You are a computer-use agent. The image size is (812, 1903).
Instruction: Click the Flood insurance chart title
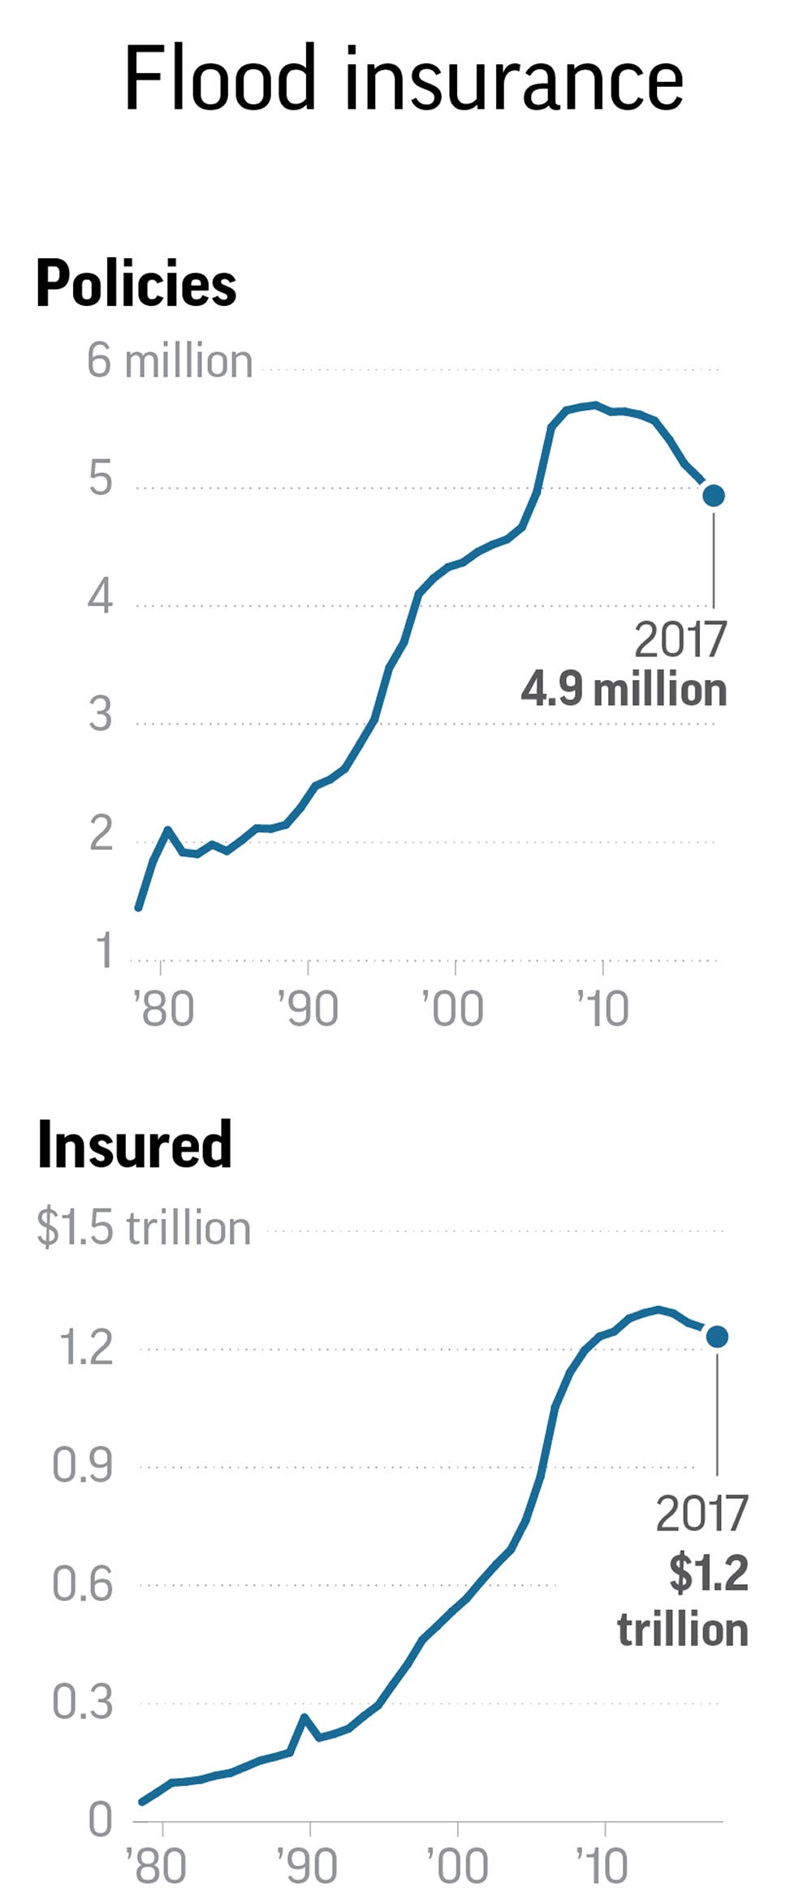coord(404,79)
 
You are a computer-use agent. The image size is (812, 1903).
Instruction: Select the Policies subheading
coord(136,284)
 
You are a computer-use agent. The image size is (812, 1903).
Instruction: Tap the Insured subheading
coord(135,1144)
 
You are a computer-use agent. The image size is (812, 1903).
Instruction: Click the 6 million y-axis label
coord(170,361)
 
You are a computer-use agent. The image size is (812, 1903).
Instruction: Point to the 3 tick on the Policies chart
coord(101,715)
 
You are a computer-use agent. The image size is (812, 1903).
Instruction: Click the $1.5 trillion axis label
coord(144,1228)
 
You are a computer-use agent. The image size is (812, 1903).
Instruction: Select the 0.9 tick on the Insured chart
coord(82,1465)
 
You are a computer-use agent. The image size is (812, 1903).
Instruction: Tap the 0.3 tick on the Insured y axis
coord(82,1702)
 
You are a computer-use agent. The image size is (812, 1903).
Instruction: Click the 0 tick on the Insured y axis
coord(100,1819)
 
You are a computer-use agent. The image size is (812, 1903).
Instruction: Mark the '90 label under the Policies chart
coord(308,1009)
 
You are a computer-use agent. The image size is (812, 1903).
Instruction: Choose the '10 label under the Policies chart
coord(603,1009)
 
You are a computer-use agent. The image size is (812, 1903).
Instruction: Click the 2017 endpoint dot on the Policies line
coord(714,495)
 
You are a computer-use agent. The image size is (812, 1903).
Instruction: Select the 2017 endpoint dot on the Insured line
coord(717,1337)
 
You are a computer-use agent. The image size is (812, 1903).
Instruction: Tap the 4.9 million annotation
coord(624,690)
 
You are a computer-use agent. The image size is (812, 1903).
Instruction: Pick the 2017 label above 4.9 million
coord(680,640)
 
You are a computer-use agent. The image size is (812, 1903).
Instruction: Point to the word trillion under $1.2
coord(682,1630)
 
